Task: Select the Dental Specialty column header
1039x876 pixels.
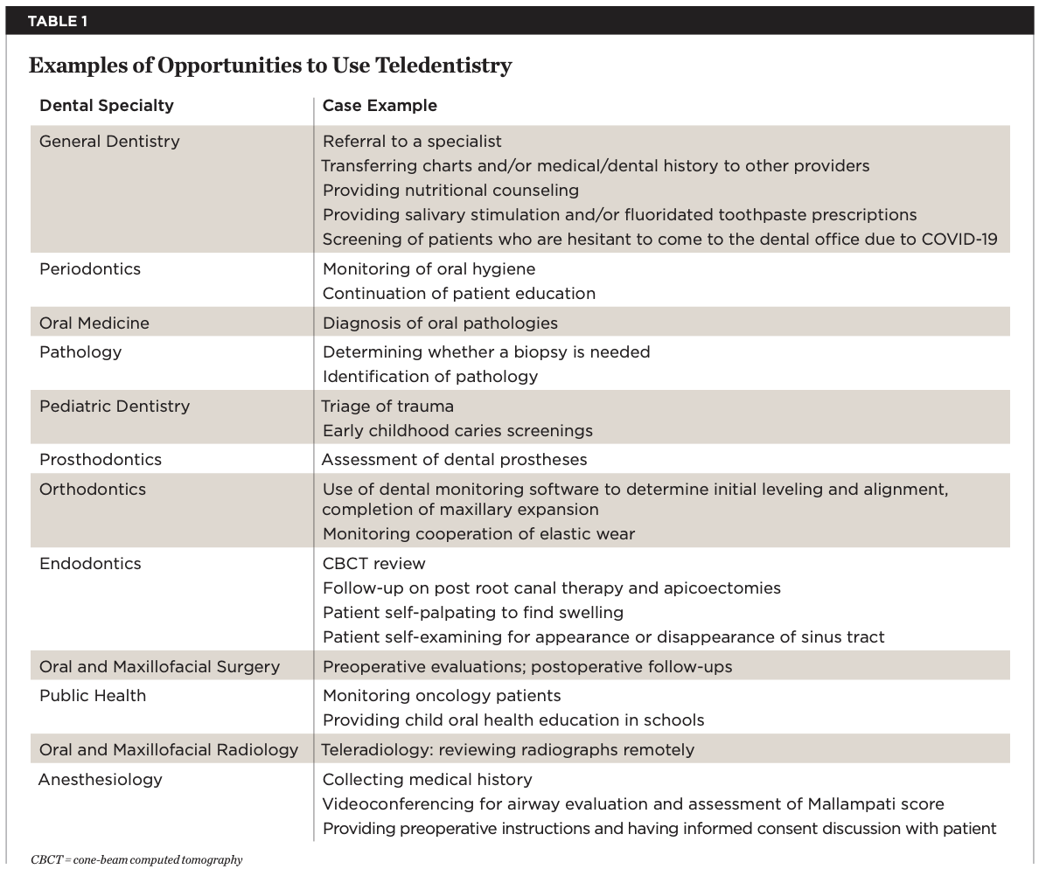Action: pyautogui.click(x=107, y=106)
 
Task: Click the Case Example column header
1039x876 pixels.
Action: pyautogui.click(x=380, y=106)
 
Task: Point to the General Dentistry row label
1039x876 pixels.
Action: pyautogui.click(x=109, y=142)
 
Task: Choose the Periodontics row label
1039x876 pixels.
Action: pyautogui.click(x=90, y=269)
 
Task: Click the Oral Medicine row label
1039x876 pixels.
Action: pyautogui.click(x=94, y=323)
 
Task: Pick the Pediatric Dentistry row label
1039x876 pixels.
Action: pyautogui.click(x=115, y=407)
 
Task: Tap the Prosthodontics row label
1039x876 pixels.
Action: pyautogui.click(x=101, y=460)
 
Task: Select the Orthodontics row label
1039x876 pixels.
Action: pyautogui.click(x=93, y=490)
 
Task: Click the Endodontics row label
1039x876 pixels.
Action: pyautogui.click(x=90, y=564)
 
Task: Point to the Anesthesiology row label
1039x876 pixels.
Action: pyautogui.click(x=101, y=780)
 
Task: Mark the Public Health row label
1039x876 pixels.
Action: pyautogui.click(x=93, y=696)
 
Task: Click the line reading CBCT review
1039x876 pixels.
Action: pyautogui.click(x=374, y=564)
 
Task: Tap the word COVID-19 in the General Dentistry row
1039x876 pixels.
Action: pyautogui.click(x=959, y=240)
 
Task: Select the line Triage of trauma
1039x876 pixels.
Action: pyautogui.click(x=387, y=407)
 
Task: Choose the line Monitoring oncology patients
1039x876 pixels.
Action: pyautogui.click(x=442, y=696)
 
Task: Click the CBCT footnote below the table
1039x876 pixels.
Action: pyautogui.click(x=136, y=860)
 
